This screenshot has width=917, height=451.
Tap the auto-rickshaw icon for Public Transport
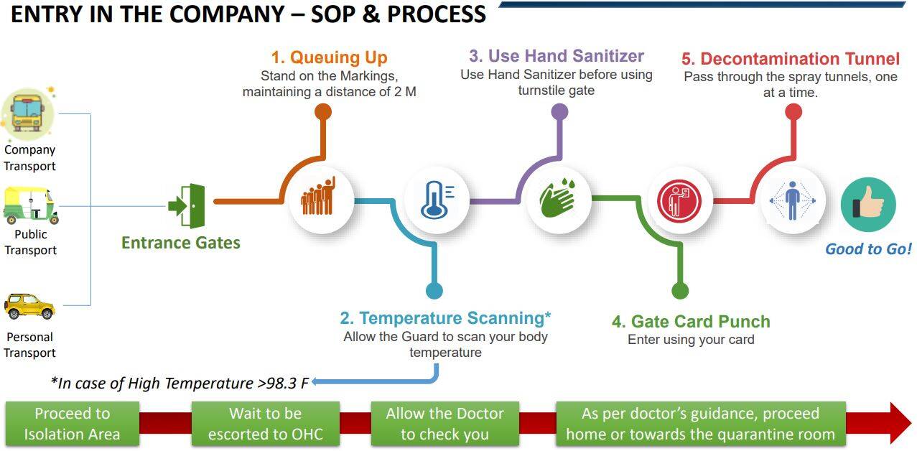tap(31, 206)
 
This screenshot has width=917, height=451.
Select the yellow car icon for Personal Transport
tap(29, 306)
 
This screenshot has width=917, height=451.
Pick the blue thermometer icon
tap(435, 199)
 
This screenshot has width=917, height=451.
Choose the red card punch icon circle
tap(679, 200)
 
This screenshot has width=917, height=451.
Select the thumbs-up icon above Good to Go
tap(868, 205)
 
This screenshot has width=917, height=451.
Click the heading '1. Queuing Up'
tap(329, 57)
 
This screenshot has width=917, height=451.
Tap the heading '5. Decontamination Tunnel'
tap(790, 59)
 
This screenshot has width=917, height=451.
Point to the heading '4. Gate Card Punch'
tap(691, 321)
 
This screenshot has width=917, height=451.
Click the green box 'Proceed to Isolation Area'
tap(72, 424)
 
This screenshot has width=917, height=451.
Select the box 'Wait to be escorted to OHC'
tap(265, 424)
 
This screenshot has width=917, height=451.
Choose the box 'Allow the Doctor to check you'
tap(444, 424)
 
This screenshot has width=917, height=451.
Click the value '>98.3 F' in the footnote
tap(282, 383)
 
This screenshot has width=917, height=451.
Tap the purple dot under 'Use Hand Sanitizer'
tap(559, 111)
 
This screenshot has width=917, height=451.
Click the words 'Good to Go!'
tap(868, 249)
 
